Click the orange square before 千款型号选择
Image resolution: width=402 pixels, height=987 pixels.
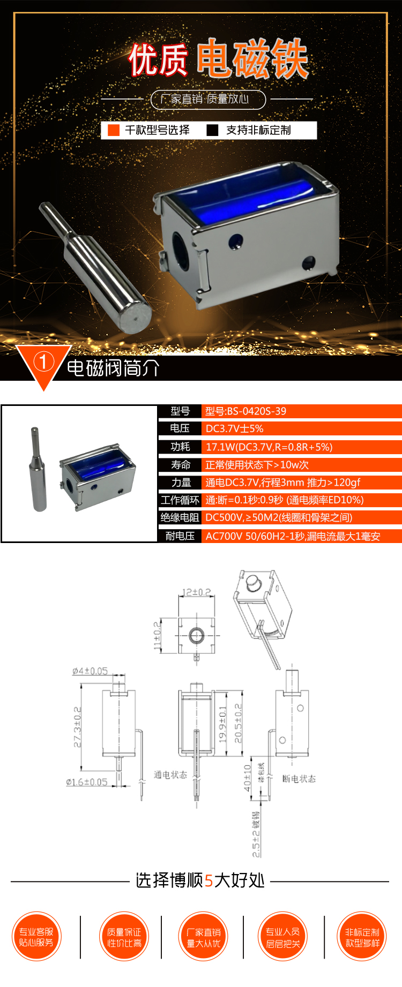click(114, 130)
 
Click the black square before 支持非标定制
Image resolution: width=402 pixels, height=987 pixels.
click(212, 130)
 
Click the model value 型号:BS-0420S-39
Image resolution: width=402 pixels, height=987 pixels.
click(245, 411)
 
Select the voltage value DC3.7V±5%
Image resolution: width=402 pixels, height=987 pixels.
click(234, 428)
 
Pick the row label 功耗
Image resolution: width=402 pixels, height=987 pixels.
click(180, 447)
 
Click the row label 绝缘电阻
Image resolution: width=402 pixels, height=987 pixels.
click(180, 517)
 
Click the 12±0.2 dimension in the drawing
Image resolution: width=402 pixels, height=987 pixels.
click(197, 592)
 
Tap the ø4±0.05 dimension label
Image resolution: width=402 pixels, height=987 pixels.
click(90, 671)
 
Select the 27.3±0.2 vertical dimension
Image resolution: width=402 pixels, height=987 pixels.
click(78, 727)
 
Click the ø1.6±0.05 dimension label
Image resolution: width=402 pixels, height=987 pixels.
click(87, 782)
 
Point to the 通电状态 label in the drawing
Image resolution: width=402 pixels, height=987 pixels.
click(170, 774)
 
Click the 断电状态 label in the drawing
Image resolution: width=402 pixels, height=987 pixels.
click(299, 779)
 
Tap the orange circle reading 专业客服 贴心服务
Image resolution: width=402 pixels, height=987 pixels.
click(36, 937)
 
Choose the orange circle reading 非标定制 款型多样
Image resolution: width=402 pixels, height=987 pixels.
click(362, 937)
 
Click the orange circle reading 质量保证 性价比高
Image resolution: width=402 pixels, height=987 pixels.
click(124, 937)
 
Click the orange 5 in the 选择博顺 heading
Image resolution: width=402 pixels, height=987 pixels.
click(209, 880)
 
